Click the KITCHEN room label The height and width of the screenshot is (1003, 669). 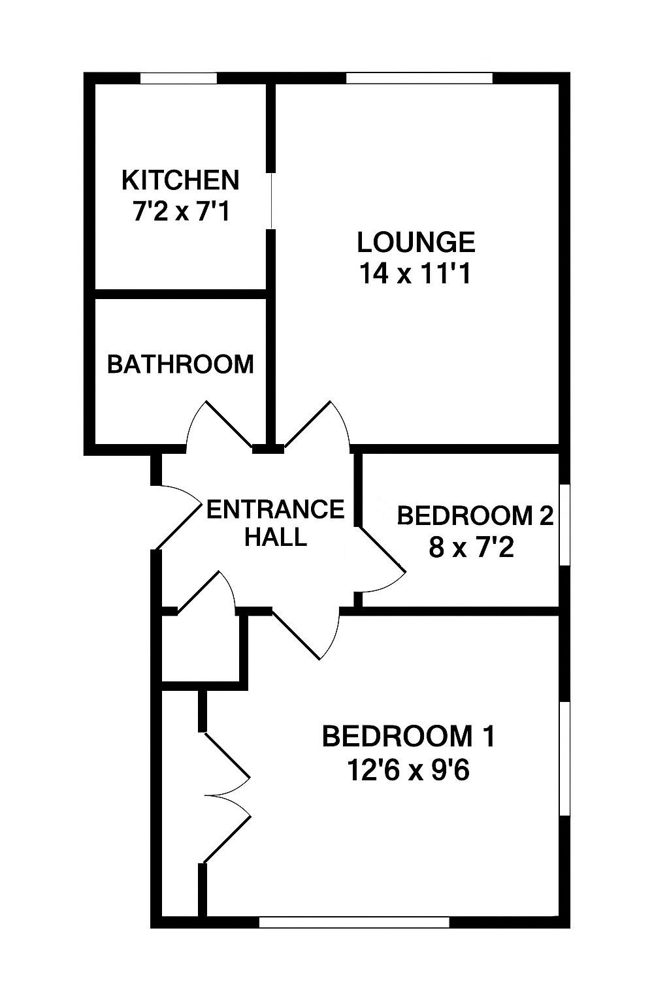180,180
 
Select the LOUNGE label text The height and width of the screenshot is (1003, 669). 416,242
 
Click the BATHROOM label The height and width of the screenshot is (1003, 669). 180,364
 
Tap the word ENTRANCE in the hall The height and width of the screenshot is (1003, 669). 275,509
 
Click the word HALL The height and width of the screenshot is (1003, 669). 275,537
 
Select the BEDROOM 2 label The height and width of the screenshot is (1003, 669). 475,516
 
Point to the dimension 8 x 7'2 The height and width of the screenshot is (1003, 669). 472,548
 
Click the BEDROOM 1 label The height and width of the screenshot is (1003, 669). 409,737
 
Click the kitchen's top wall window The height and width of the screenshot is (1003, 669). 178,78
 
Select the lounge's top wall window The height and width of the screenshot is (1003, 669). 419,78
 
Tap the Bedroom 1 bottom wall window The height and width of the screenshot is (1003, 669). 354,922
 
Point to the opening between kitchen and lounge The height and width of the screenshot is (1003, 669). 270,200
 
